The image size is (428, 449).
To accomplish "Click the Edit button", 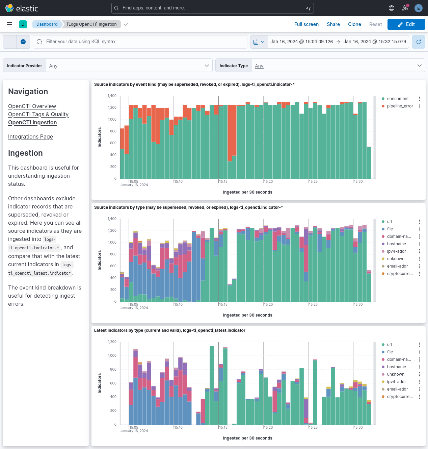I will [x=406, y=24].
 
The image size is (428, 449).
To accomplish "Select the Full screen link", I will [x=306, y=24].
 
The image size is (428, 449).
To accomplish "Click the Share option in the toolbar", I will [x=333, y=24].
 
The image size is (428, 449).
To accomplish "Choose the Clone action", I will [x=354, y=24].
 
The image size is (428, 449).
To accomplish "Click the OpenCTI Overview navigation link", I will [x=32, y=106].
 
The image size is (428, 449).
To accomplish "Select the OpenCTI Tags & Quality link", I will [x=38, y=114].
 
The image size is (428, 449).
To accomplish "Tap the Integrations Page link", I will [x=30, y=136].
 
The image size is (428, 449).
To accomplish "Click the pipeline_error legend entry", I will [x=400, y=106].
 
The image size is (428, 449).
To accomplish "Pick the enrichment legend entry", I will [x=398, y=99].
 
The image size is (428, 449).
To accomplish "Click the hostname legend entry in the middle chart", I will [x=396, y=244].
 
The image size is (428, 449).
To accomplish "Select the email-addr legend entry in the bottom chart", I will [x=397, y=389].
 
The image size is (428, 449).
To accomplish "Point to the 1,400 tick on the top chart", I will [x=112, y=96].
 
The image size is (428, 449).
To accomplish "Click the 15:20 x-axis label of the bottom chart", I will [x=268, y=427].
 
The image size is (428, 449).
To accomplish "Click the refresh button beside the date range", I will [x=418, y=42].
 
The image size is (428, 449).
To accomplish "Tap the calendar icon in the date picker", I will [x=256, y=42].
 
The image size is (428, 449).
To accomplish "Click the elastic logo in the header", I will [x=22, y=8].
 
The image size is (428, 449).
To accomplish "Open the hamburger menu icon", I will [x=9, y=24].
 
